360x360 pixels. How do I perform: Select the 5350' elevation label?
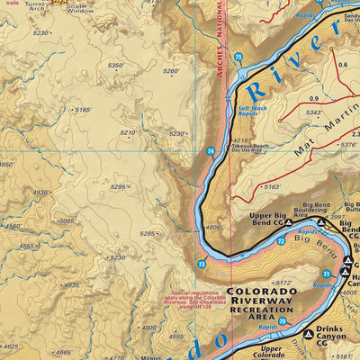coord(115,66)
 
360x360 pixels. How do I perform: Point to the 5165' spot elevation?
coord(83,110)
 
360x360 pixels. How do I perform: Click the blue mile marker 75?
coord(238,58)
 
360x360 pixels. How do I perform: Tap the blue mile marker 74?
coord(211,152)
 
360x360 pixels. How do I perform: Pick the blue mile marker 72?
coord(280,241)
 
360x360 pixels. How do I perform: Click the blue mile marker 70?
coord(282,320)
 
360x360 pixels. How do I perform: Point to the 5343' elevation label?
coord(314,112)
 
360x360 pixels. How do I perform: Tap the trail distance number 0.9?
coord(313,98)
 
